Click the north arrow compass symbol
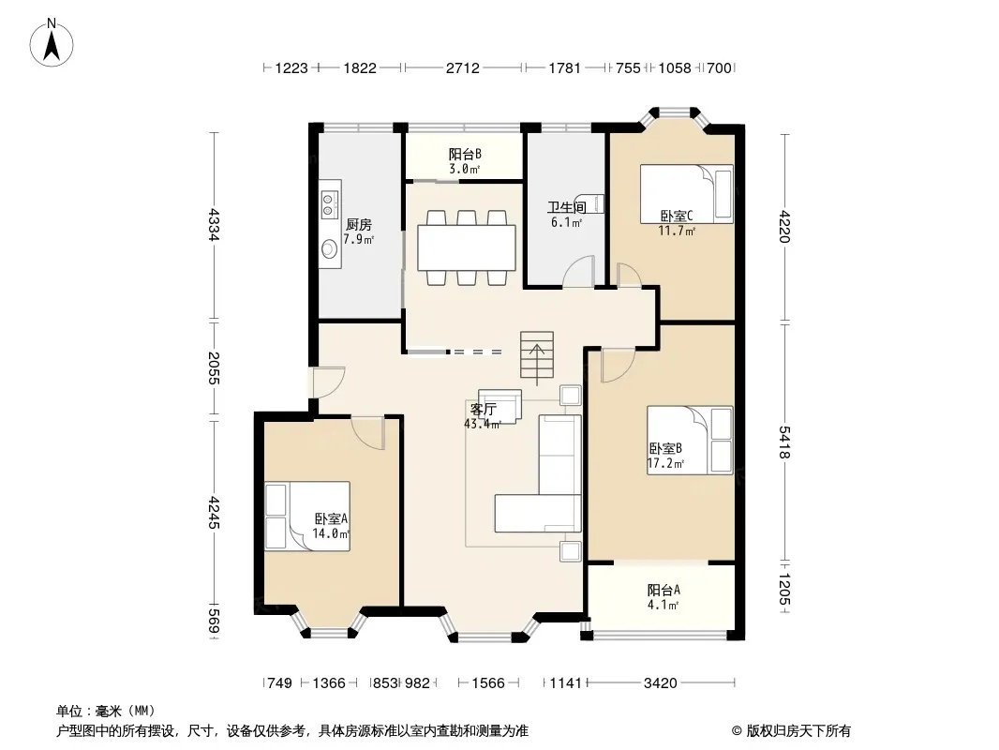52,43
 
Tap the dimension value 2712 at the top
463,67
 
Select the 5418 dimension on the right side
784,442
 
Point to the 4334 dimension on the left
214,224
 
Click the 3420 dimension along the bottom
660,683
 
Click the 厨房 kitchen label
359,224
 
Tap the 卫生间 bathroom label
566,207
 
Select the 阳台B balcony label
465,154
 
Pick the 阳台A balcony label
664,590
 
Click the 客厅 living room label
483,409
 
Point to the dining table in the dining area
467,247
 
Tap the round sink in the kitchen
329,247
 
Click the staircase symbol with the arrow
536,355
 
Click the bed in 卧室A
307,517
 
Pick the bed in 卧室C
687,194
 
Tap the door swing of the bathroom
578,272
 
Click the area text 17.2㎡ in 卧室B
665,464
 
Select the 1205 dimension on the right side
784,590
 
